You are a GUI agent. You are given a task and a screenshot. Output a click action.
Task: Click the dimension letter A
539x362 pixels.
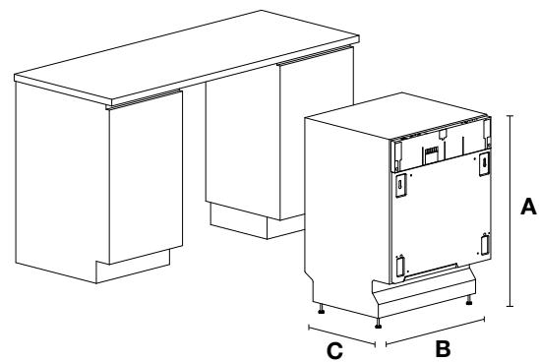point(527,208)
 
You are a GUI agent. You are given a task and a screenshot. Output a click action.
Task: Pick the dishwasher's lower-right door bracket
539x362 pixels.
point(484,243)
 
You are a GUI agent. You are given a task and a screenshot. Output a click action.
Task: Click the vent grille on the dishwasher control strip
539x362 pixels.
point(431,152)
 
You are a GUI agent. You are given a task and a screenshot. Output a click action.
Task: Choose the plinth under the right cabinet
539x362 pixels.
point(238,218)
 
